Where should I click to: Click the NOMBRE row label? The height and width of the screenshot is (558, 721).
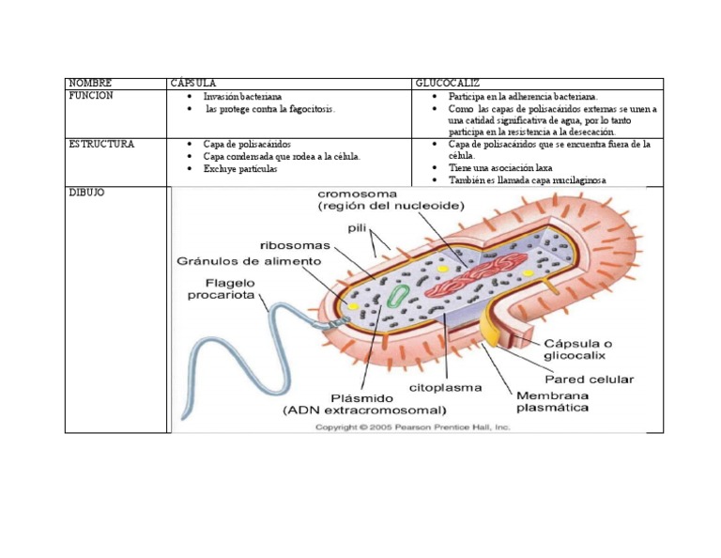[90, 84]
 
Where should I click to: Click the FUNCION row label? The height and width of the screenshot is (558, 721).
[91, 96]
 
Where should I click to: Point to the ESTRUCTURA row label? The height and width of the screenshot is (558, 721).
[101, 145]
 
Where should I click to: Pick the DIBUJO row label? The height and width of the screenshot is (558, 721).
[86, 193]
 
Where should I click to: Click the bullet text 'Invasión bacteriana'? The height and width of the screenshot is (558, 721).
[242, 97]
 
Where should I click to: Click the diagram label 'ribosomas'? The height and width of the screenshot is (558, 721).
[298, 244]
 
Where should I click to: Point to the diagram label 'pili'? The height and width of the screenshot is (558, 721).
[357, 227]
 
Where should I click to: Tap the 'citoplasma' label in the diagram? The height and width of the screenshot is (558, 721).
[445, 387]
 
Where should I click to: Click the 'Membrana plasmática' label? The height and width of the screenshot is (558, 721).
[553, 401]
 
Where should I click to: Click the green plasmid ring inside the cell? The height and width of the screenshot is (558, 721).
[399, 295]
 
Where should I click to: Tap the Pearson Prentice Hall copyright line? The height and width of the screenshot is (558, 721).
[412, 426]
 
